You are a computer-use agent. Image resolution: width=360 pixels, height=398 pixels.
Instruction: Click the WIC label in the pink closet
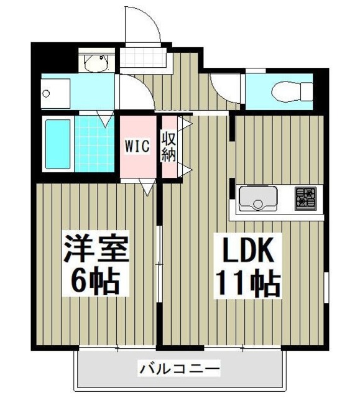pyautogui.click(x=137, y=146)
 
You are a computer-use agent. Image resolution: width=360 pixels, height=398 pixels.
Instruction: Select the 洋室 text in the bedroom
pyautogui.click(x=95, y=249)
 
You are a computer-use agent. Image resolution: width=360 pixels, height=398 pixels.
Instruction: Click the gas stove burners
pyautogui.click(x=305, y=197)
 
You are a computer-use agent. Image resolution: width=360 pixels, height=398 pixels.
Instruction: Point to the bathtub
pyautogui.click(x=58, y=144)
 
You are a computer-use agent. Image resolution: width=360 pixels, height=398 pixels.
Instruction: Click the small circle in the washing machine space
pyautogui.click(x=46, y=94)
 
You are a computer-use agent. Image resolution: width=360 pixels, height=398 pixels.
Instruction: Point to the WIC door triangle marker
pyautogui.click(x=148, y=185)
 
